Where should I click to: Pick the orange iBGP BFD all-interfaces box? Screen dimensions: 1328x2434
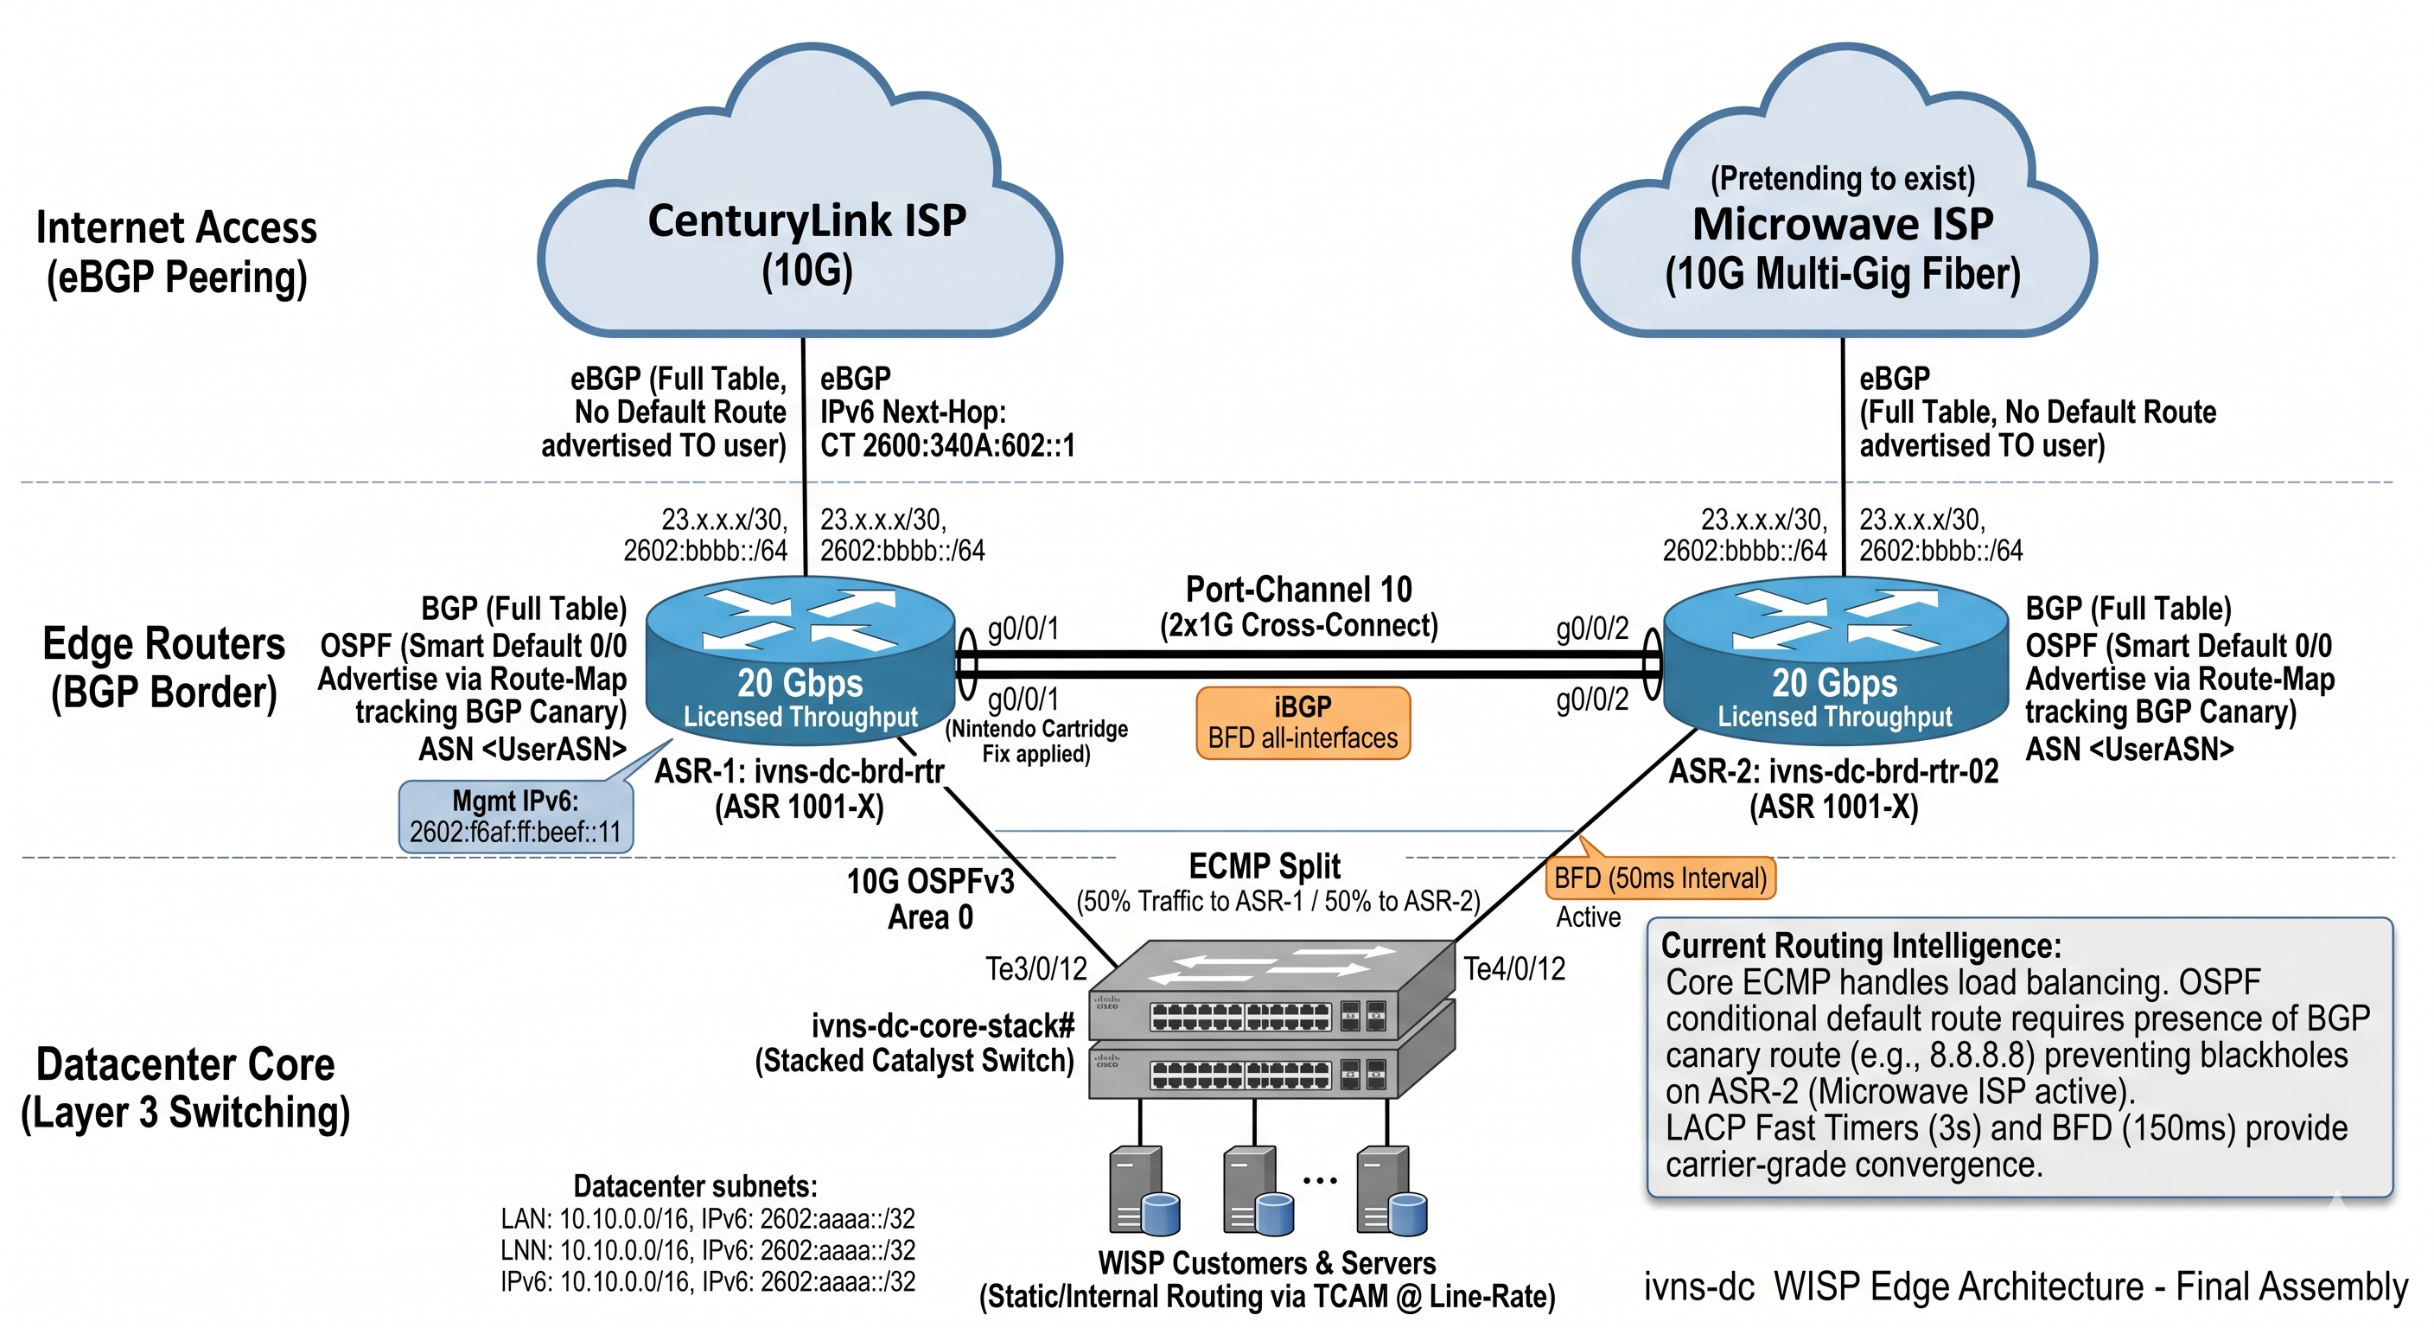coord(1302,723)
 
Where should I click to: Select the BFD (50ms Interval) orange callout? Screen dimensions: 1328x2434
coord(1660,878)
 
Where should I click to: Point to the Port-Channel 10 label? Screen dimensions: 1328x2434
coord(1298,590)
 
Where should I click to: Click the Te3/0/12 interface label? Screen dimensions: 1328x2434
coord(1035,969)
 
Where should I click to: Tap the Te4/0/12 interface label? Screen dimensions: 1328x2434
coord(1514,969)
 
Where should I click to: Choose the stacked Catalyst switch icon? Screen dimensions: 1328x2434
coord(1271,1021)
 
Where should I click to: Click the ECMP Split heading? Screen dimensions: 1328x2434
coord(1265,865)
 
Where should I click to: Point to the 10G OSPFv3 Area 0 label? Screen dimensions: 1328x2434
coord(930,899)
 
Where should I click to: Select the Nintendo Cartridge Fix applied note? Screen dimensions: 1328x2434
coord(1036,741)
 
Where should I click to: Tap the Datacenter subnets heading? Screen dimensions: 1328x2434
coord(696,1186)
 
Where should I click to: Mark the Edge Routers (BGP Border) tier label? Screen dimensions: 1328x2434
coord(163,667)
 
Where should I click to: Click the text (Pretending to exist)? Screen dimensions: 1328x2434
coord(1842,178)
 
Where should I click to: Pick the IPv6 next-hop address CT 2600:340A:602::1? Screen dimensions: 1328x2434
coord(947,445)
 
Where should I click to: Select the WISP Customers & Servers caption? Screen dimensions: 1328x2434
coord(1266,1264)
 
